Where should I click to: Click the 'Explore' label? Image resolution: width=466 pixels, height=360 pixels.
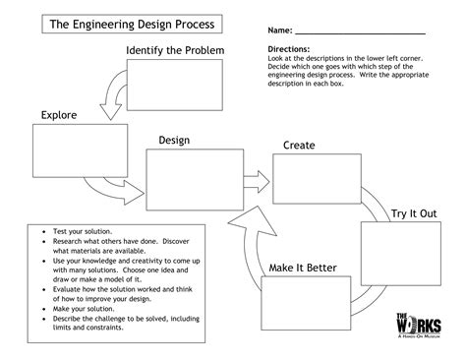pyautogui.click(x=58, y=116)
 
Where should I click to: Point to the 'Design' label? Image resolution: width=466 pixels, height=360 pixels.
pyautogui.click(x=173, y=141)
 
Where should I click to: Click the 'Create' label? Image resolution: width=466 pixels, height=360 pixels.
pyautogui.click(x=299, y=146)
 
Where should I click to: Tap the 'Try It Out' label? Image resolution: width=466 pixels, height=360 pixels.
pyautogui.click(x=413, y=212)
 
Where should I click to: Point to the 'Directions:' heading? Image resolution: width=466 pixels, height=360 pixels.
pyautogui.click(x=288, y=48)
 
